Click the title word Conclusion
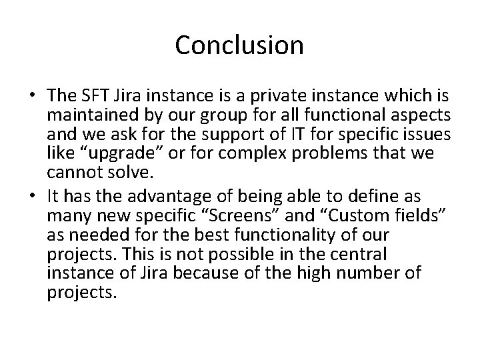pyautogui.click(x=239, y=45)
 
